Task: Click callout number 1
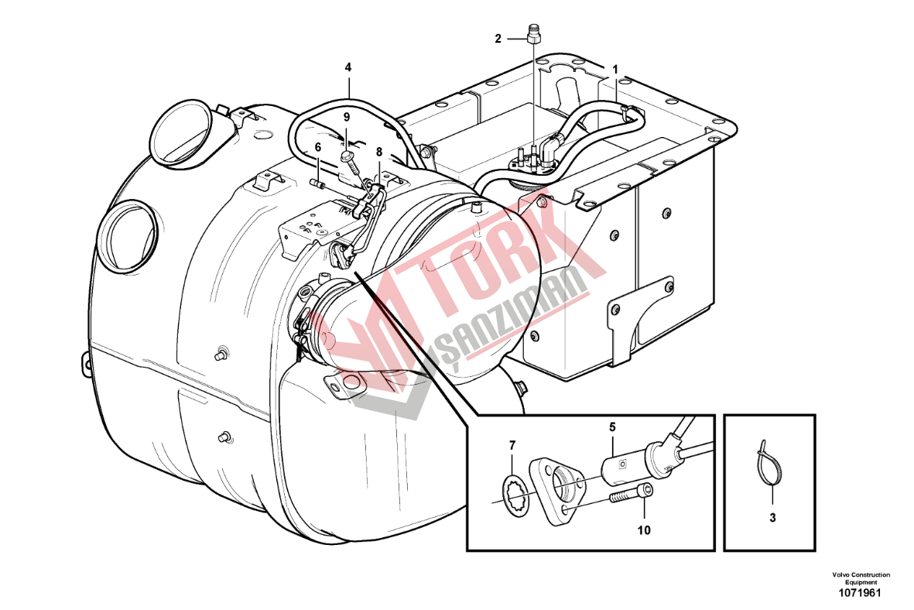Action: coord(614,69)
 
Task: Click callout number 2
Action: coord(498,39)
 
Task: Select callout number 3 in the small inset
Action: coord(772,517)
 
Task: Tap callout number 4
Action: coord(348,67)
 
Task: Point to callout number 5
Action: coord(613,427)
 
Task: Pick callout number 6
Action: coord(317,148)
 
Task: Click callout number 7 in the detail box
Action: coord(512,446)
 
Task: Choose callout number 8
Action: coord(379,152)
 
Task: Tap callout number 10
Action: coord(644,530)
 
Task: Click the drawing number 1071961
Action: coord(860,594)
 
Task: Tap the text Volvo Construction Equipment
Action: coord(861,578)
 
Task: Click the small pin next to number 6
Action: coord(320,183)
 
